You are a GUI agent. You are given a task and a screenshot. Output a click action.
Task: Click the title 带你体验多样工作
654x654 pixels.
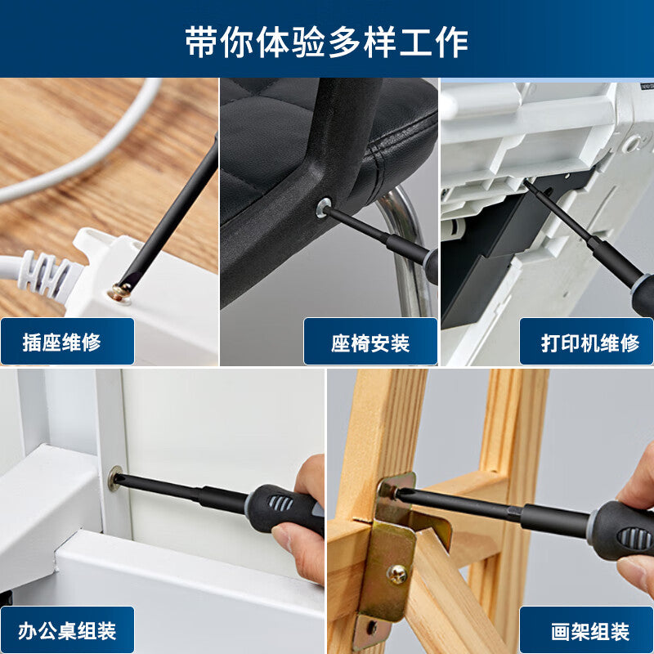326,43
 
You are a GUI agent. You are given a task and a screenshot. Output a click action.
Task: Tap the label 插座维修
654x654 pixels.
62,343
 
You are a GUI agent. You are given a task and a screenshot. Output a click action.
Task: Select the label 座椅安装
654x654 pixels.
370,343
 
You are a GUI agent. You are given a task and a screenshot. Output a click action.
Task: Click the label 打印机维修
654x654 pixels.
590,343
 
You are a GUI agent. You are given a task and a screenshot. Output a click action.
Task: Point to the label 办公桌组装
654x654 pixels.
67,631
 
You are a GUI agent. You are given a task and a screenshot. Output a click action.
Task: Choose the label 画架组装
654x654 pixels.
590,631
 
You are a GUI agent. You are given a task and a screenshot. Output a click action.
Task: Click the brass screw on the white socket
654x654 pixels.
120,292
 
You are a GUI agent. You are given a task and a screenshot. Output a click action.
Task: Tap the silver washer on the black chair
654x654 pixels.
323,208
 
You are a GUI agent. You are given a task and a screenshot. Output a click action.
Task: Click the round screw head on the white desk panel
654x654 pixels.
114,478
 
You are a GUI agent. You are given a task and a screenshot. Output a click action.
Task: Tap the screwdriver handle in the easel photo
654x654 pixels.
621,531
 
